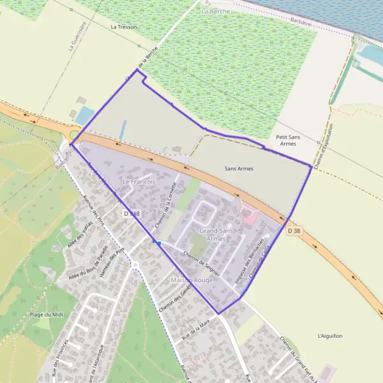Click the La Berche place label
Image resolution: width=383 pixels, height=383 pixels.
click(214, 11)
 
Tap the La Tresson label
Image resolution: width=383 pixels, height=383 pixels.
click(124, 27)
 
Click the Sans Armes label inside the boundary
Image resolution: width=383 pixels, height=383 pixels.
click(239, 169)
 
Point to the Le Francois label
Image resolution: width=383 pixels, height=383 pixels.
click(139, 182)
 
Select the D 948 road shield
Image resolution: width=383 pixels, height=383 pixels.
click(132, 213)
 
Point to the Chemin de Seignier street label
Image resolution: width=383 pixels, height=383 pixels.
click(202, 263)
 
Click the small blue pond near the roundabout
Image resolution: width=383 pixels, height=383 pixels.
click(85, 116)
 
